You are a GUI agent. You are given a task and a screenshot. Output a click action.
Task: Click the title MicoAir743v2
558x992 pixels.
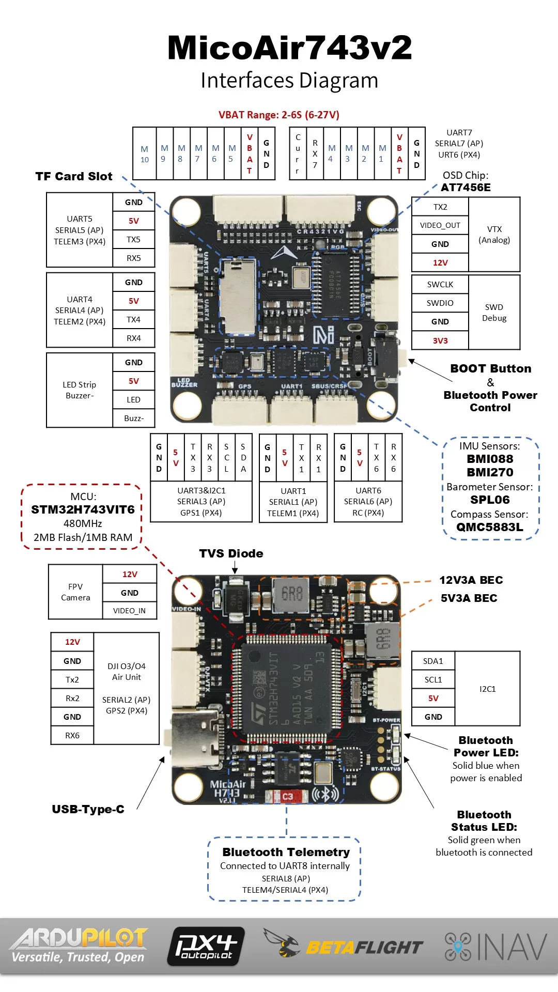tap(290, 48)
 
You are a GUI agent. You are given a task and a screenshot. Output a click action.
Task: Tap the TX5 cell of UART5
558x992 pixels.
tap(133, 239)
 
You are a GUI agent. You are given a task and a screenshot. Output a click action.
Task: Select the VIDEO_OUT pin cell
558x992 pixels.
tap(440, 225)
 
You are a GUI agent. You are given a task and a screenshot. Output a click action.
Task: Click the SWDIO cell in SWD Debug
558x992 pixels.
tap(440, 303)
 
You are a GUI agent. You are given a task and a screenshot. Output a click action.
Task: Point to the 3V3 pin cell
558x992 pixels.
tap(440, 340)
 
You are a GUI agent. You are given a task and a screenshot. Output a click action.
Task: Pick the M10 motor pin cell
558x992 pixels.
tap(145, 154)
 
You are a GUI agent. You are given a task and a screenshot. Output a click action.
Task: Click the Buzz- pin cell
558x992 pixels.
tap(133, 418)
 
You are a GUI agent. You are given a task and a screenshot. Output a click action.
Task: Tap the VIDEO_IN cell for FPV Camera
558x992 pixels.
tap(129, 611)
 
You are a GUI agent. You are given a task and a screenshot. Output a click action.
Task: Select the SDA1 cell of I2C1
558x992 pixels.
tap(433, 661)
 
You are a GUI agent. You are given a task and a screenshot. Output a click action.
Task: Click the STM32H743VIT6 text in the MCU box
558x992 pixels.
tap(83, 510)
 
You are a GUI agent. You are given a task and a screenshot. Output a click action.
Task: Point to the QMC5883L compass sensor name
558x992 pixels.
tap(489, 527)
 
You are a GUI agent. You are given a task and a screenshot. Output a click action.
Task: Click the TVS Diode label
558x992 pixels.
tap(231, 553)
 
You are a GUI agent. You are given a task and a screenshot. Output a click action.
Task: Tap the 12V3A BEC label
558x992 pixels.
tap(471, 580)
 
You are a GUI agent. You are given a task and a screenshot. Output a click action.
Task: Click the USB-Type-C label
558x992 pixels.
tap(88, 809)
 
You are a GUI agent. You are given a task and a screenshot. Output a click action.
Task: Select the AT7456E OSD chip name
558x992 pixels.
tap(466, 188)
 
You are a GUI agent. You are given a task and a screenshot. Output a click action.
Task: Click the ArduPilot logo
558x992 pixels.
tap(79, 946)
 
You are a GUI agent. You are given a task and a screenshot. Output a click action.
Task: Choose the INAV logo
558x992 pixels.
tap(495, 947)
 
